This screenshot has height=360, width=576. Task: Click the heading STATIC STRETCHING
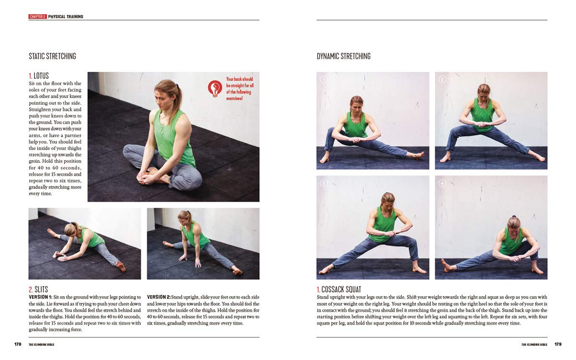click(52, 56)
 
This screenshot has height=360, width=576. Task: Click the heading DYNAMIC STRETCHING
click(343, 56)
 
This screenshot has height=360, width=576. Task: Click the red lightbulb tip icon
click(215, 88)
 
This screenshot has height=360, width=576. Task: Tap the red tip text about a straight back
click(240, 88)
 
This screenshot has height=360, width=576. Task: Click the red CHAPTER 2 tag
click(37, 17)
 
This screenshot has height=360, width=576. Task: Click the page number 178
click(18, 344)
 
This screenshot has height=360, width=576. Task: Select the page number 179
click(558, 344)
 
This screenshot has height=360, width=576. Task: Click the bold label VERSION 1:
click(40, 297)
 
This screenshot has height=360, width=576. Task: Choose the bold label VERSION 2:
click(159, 297)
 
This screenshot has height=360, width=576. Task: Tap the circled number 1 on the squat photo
click(323, 79)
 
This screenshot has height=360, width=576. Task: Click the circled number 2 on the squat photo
click(442, 79)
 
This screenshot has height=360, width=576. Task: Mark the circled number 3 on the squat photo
click(323, 183)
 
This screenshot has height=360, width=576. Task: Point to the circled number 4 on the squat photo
click(442, 183)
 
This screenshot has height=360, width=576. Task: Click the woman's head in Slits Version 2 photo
click(184, 218)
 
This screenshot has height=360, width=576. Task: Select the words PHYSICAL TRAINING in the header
click(66, 17)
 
